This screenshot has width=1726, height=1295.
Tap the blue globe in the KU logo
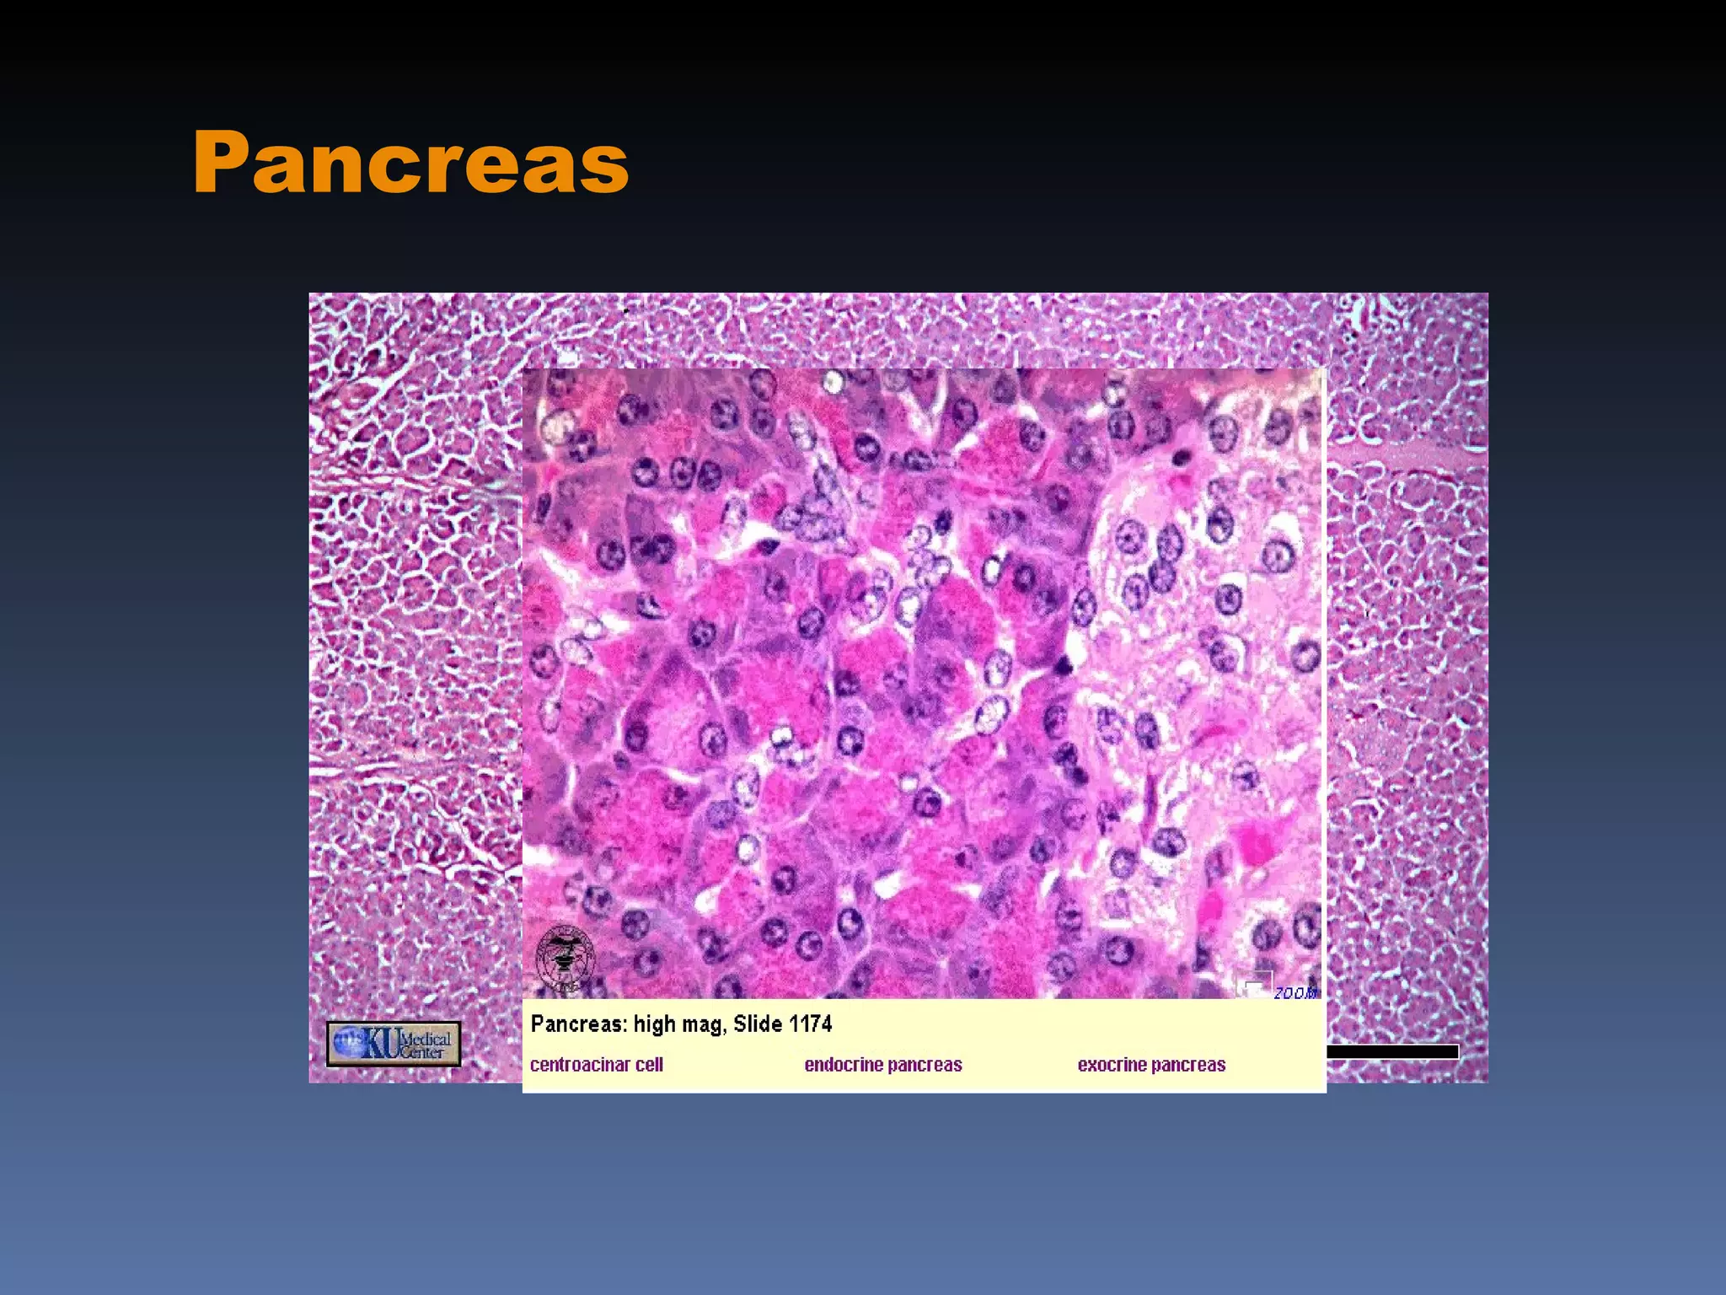(348, 1042)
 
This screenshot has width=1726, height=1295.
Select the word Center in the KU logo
(422, 1052)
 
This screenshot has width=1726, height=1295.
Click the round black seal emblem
(565, 958)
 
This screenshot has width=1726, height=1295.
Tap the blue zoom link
(1295, 993)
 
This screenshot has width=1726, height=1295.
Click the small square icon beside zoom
(1254, 984)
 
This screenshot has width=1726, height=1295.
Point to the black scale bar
(1392, 1051)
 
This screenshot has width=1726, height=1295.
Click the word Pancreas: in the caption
(579, 1024)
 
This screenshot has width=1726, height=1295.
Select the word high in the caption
(655, 1024)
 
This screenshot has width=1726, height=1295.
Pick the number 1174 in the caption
(811, 1024)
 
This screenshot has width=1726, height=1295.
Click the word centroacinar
(581, 1065)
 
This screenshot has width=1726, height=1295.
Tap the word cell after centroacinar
(650, 1065)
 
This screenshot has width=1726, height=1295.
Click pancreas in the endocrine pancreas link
(926, 1065)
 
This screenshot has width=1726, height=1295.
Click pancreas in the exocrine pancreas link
(1191, 1065)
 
